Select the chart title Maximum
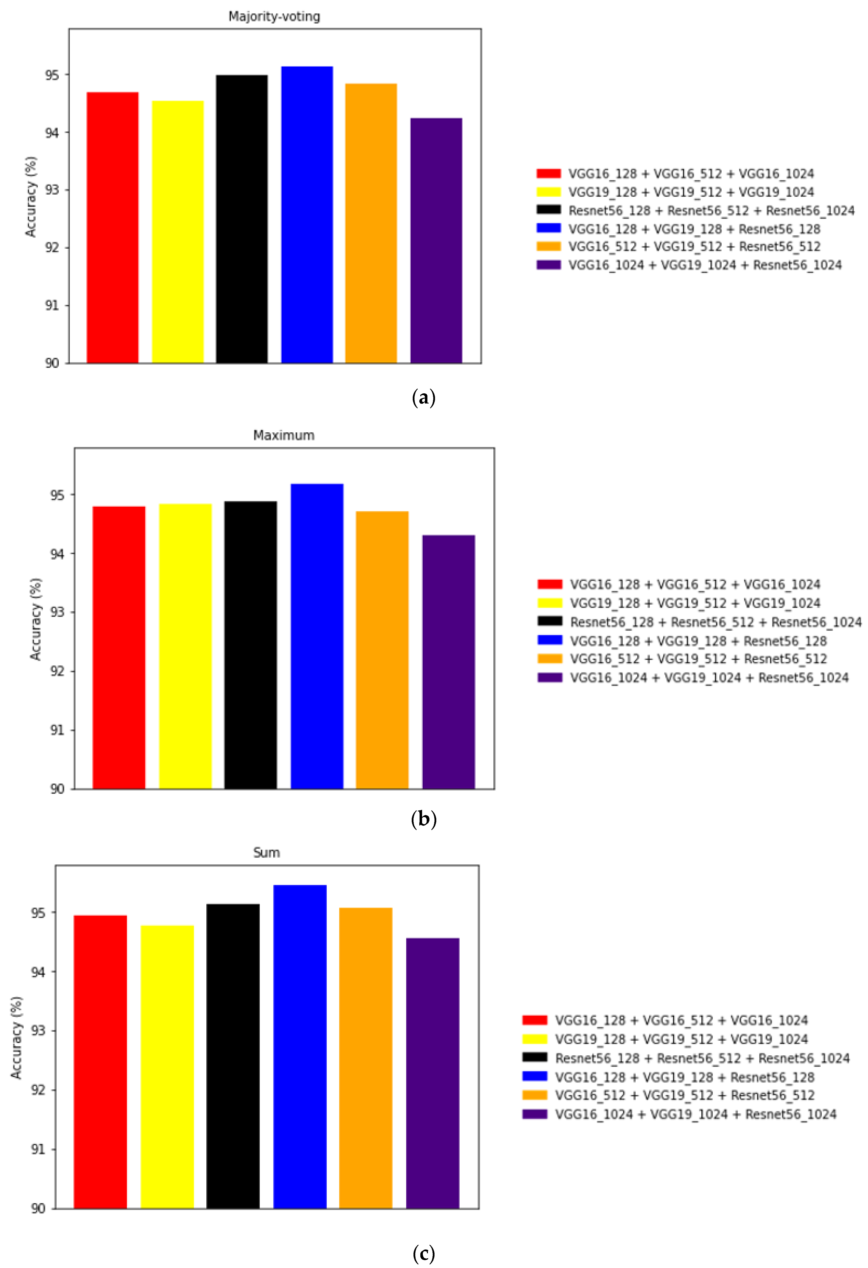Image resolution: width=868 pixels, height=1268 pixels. (284, 435)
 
